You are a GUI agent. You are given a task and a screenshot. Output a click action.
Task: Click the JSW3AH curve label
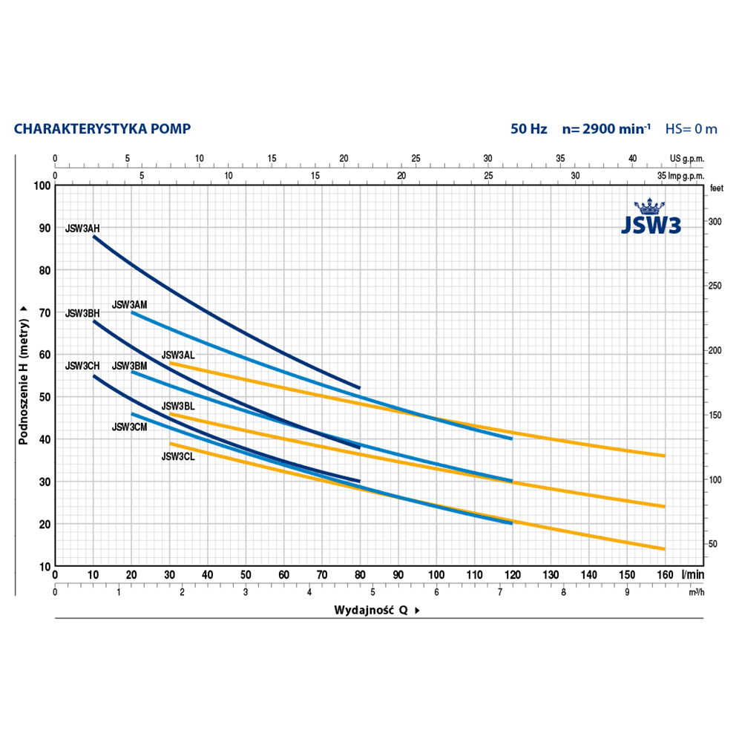click(x=82, y=229)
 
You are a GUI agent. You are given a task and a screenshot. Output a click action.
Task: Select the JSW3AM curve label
click(x=129, y=304)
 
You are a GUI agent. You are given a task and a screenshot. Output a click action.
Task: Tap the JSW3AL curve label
click(x=178, y=355)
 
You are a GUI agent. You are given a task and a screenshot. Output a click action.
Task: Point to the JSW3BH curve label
click(x=82, y=314)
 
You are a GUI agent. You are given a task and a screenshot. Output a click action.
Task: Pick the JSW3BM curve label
click(x=129, y=366)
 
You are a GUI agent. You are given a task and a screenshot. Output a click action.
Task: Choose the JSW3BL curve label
click(x=178, y=407)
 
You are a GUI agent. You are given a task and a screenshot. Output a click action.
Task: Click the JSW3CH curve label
click(x=82, y=366)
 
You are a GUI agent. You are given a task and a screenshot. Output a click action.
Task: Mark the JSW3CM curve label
click(x=129, y=427)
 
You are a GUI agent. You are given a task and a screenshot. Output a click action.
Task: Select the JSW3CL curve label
click(x=178, y=457)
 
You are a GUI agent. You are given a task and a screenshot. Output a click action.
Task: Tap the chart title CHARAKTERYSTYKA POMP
click(x=102, y=129)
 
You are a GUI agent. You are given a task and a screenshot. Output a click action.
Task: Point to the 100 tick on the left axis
click(x=44, y=185)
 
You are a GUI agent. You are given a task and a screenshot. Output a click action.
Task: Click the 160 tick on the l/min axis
click(x=664, y=575)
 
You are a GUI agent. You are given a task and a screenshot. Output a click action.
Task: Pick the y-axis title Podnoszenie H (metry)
click(x=24, y=375)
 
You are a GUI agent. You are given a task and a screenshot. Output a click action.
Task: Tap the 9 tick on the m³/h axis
click(x=627, y=592)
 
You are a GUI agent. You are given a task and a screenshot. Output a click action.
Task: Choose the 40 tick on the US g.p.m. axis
click(x=631, y=158)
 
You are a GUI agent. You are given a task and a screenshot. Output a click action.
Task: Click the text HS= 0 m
click(x=691, y=129)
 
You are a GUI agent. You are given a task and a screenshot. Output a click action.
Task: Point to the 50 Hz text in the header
click(x=528, y=129)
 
